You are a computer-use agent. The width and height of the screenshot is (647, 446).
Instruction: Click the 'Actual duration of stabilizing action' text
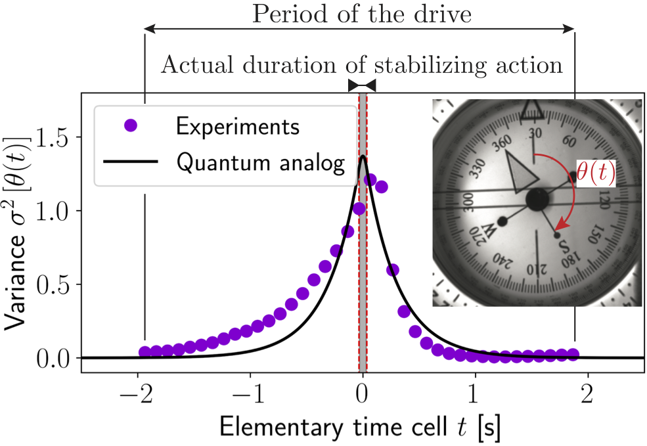[x=362, y=65]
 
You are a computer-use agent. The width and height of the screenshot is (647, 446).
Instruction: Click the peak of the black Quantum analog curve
[x=363, y=156]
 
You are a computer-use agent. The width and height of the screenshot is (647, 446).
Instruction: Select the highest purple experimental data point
[x=370, y=179]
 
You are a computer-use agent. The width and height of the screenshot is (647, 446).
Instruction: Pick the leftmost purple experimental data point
[x=145, y=352]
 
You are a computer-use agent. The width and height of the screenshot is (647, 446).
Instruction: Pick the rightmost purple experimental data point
[x=573, y=354]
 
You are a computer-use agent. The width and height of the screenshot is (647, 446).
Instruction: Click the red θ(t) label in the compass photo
[x=596, y=172]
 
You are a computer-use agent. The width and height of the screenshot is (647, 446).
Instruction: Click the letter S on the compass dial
[x=564, y=247]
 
